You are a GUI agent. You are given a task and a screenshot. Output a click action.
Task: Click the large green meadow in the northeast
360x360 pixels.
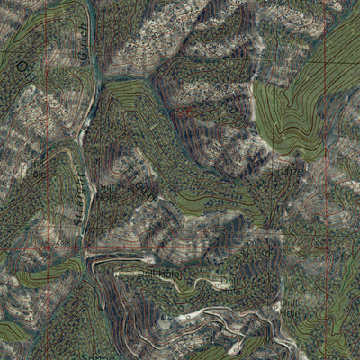coord(292,112)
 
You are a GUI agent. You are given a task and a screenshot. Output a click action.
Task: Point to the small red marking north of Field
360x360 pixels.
coord(188,112)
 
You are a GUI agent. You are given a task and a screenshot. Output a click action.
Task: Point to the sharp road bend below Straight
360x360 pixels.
coord(90,260)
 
